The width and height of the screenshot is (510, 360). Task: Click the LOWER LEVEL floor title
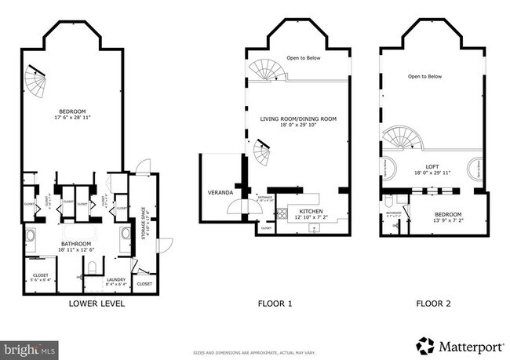[x=97, y=304]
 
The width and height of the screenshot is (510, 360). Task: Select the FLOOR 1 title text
[x=276, y=304]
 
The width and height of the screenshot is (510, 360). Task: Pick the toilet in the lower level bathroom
[x=92, y=268]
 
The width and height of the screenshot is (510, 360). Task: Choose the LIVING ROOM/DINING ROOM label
[x=298, y=120]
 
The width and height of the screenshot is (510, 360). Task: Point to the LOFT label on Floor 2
[x=432, y=166]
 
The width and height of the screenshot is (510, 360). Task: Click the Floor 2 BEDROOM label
[x=449, y=215]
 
